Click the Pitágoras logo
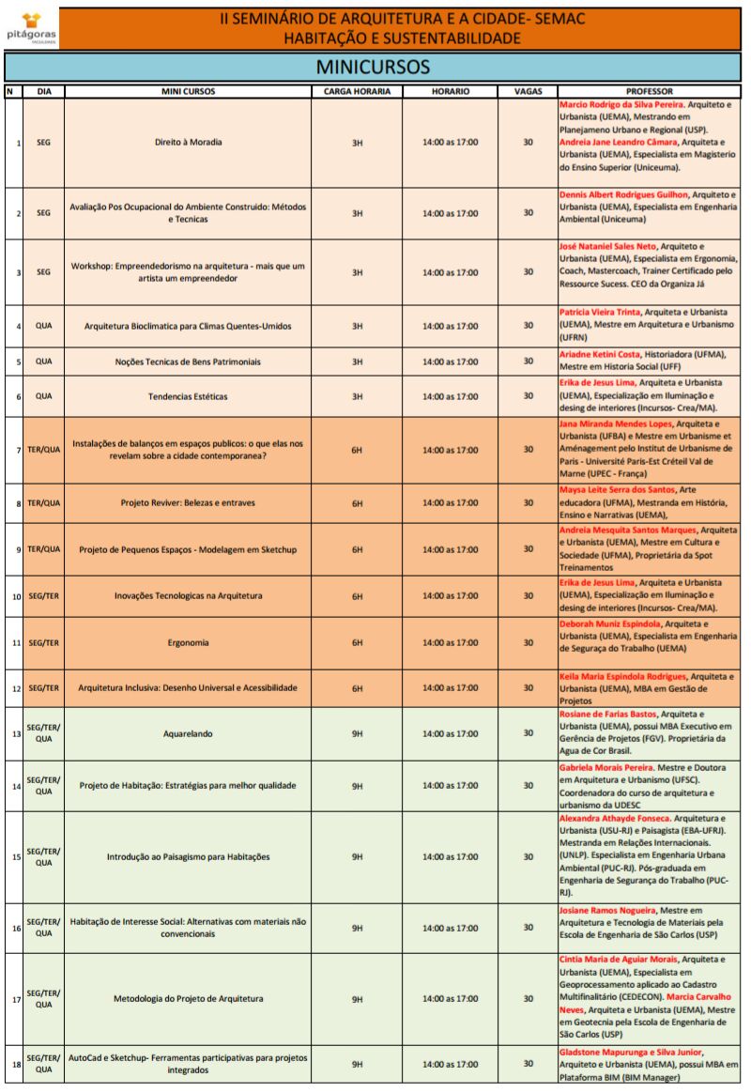[32, 24]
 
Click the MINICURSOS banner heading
[373, 68]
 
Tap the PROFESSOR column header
[649, 92]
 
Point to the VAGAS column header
[528, 92]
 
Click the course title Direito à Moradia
[188, 143]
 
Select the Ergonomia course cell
[188, 643]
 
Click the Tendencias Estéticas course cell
[188, 396]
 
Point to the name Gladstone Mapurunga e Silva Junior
[630, 1053]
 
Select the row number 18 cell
[16, 1064]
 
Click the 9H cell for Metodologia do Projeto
[357, 1000]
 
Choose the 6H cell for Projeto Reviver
[357, 503]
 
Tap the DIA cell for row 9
[43, 549]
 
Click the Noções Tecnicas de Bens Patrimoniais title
[188, 361]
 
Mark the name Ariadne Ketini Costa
[599, 355]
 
